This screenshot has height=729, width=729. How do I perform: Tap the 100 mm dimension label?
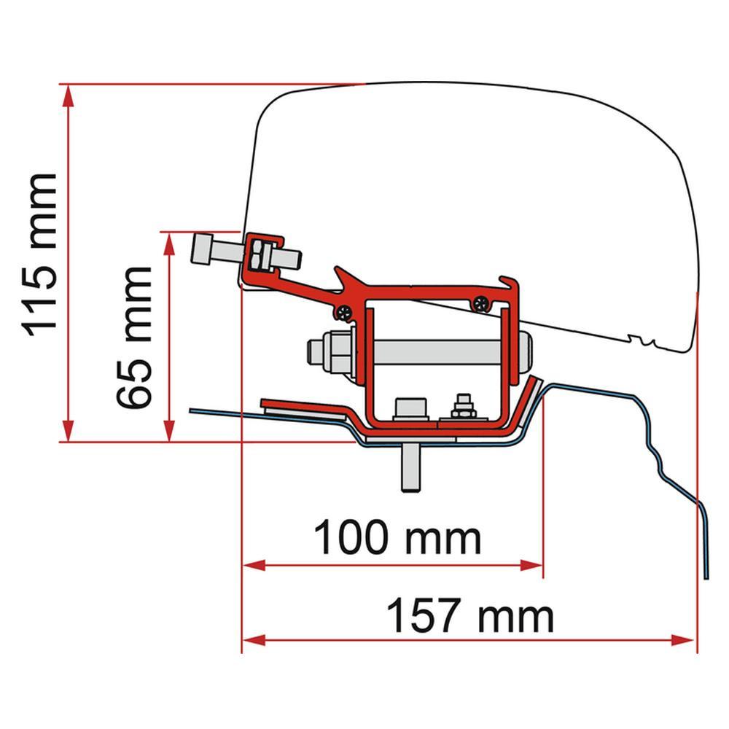[397, 538]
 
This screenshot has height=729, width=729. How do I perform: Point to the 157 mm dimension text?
[469, 616]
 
